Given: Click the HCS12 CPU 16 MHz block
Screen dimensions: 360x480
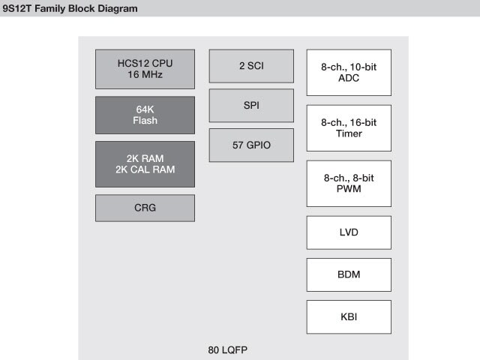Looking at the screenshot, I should [145, 69].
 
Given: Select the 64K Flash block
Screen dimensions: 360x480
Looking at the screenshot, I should [145, 115].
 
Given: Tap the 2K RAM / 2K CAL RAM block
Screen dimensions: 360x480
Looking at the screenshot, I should [145, 163].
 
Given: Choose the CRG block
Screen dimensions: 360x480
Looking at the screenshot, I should [145, 208].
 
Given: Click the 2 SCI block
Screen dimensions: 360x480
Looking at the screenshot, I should [251, 66].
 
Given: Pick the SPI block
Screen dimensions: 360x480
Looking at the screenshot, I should [251, 105].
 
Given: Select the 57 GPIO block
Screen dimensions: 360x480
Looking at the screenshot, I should [251, 145].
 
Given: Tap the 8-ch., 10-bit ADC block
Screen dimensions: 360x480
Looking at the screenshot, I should [349, 73].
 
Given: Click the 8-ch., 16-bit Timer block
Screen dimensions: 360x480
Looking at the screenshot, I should [349, 128].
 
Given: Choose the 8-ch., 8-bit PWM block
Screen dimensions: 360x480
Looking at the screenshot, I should [349, 184].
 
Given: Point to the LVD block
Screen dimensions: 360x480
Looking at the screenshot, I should [349, 232].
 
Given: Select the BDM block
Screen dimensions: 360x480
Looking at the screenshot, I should [349, 274].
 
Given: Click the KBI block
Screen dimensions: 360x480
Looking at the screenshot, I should [349, 316].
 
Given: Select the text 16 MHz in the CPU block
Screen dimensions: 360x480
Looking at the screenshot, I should [145, 75].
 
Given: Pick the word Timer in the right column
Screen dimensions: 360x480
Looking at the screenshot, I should [349, 134].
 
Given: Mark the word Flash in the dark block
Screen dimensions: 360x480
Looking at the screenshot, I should [145, 121].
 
